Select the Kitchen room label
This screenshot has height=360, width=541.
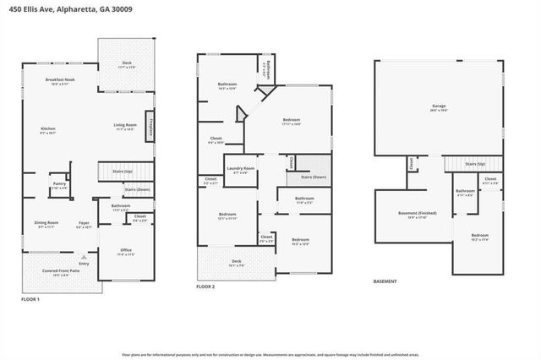47,131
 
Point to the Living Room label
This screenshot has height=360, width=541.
125,127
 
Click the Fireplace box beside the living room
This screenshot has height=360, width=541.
150,127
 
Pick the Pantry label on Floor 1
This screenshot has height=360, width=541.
58,185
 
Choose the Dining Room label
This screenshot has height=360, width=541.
46,225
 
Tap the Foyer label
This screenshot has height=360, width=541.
84,225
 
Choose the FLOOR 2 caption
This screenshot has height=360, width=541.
205,287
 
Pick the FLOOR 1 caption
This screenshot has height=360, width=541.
30,299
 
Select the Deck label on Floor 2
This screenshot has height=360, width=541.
236,263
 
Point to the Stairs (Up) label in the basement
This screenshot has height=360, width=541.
475,164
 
